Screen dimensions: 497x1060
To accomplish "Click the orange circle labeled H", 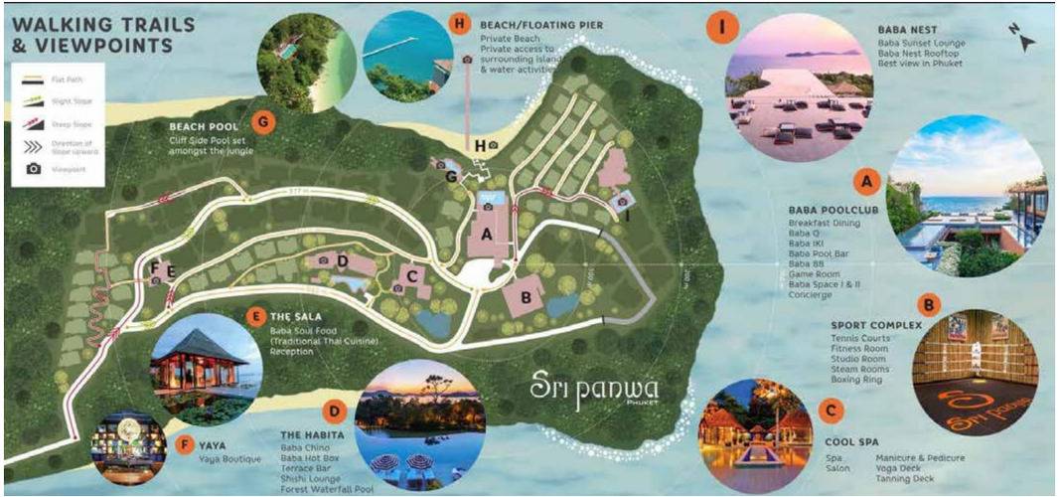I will pos(459,25).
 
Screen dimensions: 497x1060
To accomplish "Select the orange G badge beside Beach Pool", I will pos(264,123).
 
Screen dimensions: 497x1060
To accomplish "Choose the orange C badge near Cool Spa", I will pos(829,409).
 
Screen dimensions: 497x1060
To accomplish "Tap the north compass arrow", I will pos(1027,42).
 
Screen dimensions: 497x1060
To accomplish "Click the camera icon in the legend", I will pos(34,169).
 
